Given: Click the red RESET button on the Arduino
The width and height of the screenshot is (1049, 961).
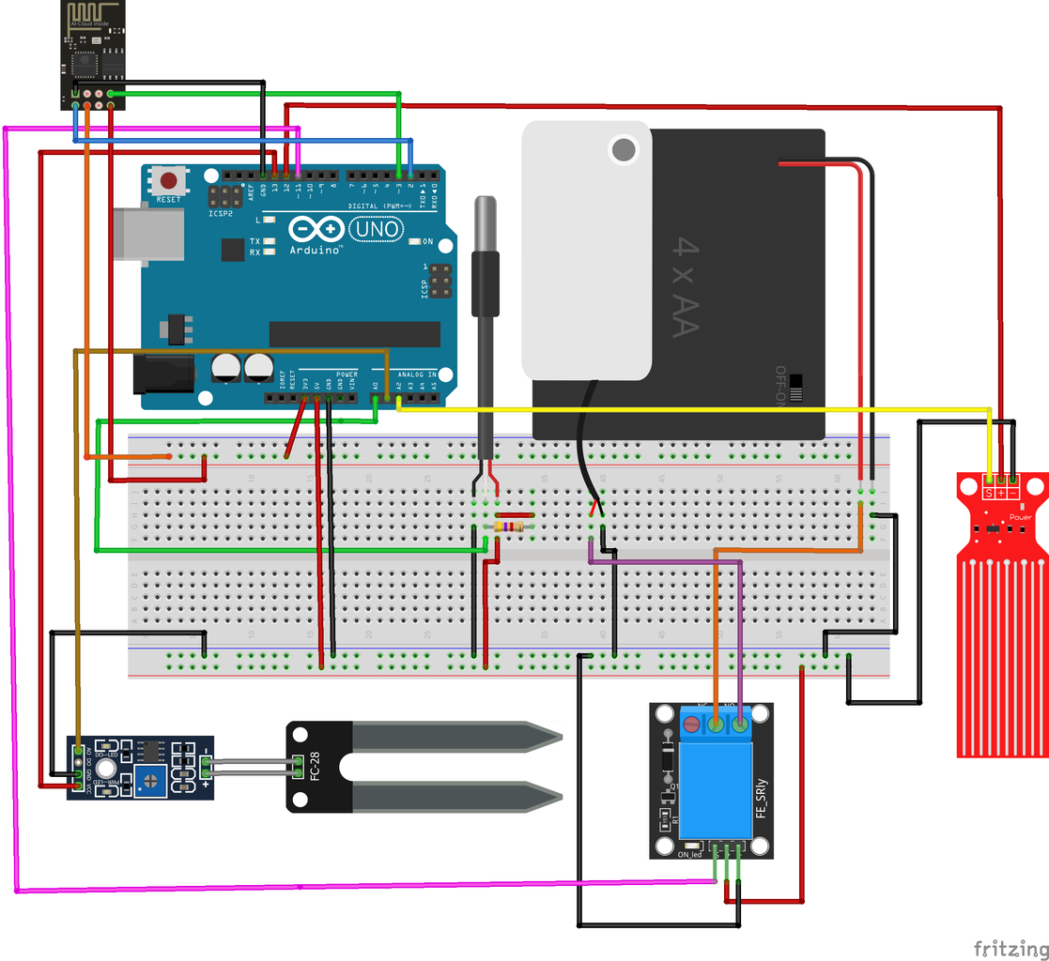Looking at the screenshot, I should coord(169,181).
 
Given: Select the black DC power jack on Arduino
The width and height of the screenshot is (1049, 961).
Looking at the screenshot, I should coord(163,374).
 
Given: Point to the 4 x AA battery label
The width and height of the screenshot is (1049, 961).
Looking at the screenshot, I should coord(686,287).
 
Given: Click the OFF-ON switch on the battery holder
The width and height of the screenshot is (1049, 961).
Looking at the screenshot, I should coord(796,387).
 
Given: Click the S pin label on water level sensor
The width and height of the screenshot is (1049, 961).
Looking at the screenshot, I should coord(989,493).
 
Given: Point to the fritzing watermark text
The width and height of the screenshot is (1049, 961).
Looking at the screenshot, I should coord(1010,948).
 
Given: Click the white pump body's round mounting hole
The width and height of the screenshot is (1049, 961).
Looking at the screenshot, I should coord(623,149).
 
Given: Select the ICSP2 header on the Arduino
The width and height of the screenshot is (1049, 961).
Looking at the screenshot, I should coord(224,196).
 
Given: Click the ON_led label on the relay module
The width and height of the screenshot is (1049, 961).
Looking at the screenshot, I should coord(690,853).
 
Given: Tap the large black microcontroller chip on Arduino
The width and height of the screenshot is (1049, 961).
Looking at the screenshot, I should coord(354,334).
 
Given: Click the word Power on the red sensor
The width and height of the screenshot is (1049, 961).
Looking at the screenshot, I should coord(1020,517).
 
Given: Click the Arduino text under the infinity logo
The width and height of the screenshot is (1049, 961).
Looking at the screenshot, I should coord(315,251).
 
